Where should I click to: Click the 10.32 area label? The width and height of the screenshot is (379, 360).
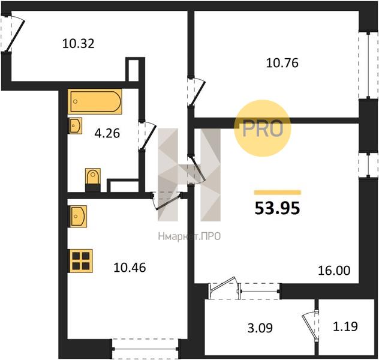[x=79, y=44]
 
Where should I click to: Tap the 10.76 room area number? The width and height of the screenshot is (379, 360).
[x=282, y=63]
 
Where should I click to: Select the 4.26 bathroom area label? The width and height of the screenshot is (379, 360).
[x=107, y=133]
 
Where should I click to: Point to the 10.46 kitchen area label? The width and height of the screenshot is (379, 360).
[x=130, y=268]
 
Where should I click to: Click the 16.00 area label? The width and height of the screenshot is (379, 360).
[x=334, y=271]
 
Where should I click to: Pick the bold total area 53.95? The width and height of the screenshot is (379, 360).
[x=277, y=208]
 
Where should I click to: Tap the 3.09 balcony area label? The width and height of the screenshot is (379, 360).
[x=260, y=328]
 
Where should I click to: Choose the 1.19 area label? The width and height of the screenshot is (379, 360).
[x=345, y=326]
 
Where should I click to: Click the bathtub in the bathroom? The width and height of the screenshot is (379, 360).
[x=95, y=101]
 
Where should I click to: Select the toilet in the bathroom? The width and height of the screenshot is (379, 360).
[x=93, y=179]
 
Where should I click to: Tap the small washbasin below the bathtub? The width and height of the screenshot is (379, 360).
[x=76, y=126]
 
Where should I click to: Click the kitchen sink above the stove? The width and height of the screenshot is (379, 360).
[x=78, y=217]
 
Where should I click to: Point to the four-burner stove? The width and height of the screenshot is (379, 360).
[x=80, y=261]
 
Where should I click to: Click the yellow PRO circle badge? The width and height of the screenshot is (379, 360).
[x=263, y=128]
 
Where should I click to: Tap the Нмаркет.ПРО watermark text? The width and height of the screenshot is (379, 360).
[x=189, y=236]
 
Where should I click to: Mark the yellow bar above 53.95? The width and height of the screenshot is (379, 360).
[x=278, y=193]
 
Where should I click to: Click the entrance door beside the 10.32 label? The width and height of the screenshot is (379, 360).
[x=13, y=34]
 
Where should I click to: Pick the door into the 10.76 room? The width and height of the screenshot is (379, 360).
[x=196, y=91]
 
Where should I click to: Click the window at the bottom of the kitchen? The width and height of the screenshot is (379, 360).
[x=145, y=349]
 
